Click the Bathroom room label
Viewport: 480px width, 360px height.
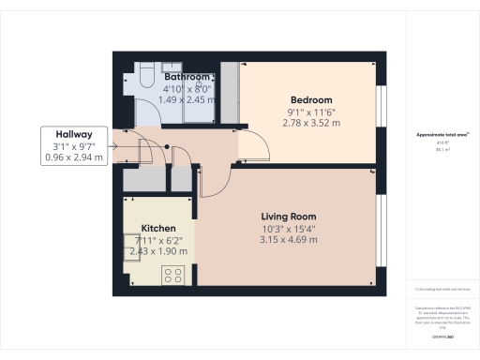click(x=187, y=77)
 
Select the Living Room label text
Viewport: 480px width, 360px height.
click(x=289, y=216)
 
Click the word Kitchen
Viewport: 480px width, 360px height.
click(x=158, y=228)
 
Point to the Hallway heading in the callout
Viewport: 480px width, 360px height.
click(x=73, y=134)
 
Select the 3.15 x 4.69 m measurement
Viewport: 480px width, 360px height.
click(x=289, y=239)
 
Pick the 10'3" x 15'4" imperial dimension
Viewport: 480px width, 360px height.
click(x=289, y=228)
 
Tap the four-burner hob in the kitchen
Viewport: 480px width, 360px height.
click(x=173, y=275)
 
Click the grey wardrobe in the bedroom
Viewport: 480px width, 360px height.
click(x=228, y=91)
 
